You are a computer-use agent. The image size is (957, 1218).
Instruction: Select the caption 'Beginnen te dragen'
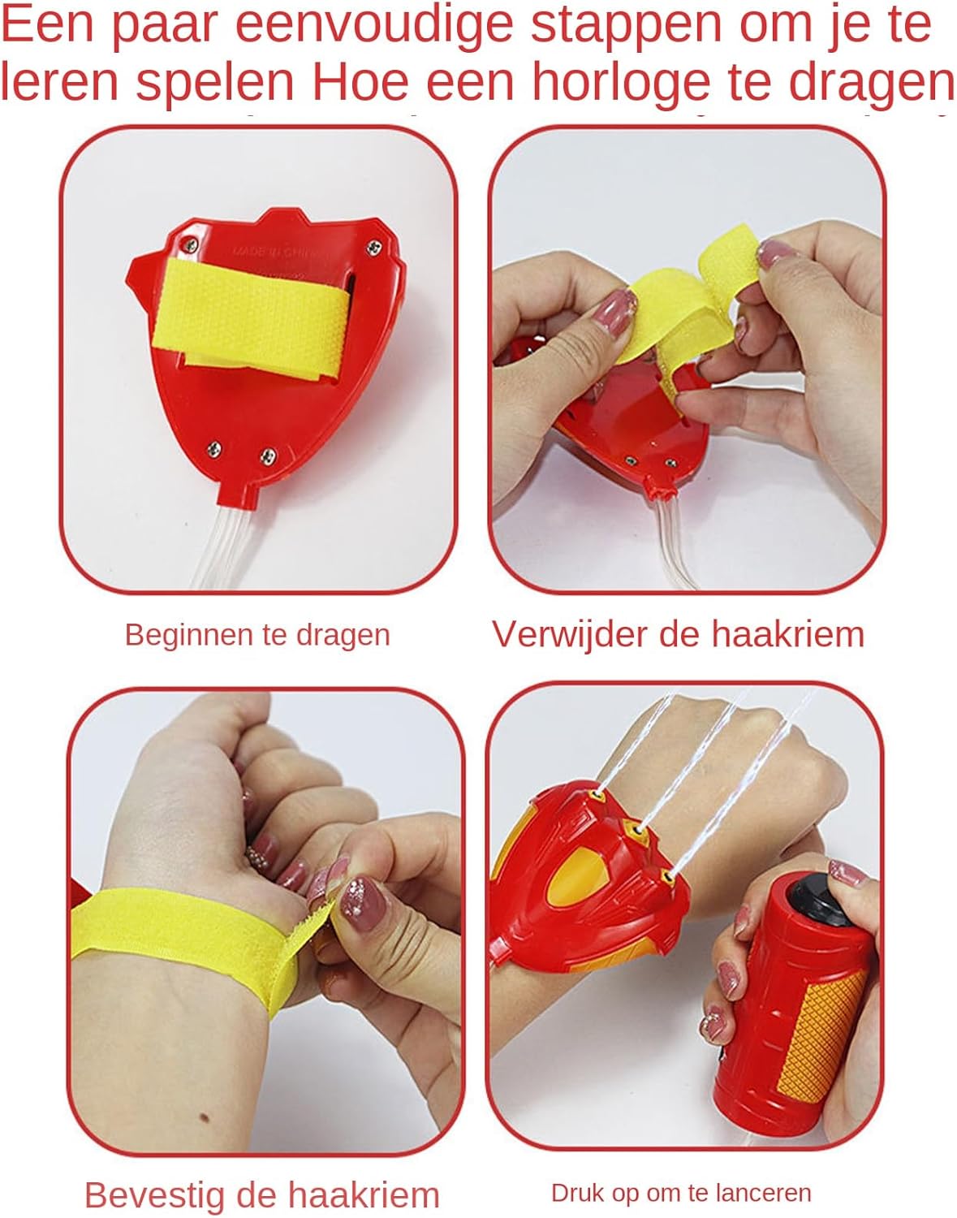(257, 636)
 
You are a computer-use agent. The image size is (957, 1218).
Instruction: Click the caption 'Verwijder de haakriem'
(678, 634)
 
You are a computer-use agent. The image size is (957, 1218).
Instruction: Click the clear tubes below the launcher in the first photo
(224, 546)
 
